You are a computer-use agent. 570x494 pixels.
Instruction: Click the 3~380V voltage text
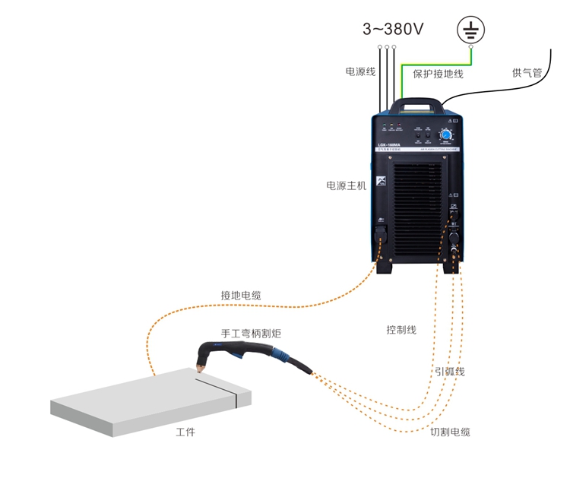point(393,30)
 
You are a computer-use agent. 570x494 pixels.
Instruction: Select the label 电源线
point(361,72)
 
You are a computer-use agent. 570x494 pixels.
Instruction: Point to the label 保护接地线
point(438,74)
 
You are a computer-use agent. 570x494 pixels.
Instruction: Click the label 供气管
point(527,73)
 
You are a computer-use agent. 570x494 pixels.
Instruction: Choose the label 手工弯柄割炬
point(245,334)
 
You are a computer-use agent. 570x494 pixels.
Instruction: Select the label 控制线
point(401,330)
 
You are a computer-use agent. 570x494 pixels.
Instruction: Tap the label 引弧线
point(449,372)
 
